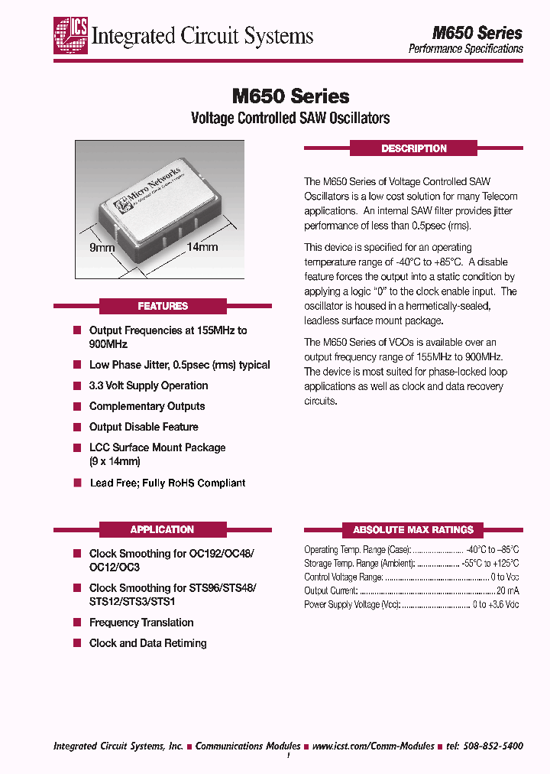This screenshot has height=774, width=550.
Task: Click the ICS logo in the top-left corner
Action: [x=70, y=35]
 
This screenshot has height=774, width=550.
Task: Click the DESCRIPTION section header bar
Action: [x=413, y=148]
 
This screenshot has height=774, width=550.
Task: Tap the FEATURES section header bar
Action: [x=163, y=306]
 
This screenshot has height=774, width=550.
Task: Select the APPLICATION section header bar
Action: [x=163, y=529]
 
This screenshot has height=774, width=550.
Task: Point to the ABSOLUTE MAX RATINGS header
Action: [x=413, y=529]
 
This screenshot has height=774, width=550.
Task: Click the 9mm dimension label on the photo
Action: [x=102, y=248]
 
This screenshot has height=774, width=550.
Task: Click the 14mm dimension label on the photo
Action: [x=202, y=247]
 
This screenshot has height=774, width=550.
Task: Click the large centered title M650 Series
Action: [x=290, y=96]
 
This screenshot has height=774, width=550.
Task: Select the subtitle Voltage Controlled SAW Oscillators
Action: [x=290, y=118]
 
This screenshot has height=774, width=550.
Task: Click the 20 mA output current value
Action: [x=507, y=590]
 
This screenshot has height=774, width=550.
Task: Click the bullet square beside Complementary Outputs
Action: [x=77, y=406]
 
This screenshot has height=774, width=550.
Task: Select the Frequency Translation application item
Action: [x=141, y=623]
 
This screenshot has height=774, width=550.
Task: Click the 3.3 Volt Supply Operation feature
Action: [x=148, y=385]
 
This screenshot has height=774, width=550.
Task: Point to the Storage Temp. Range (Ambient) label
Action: [x=359, y=563]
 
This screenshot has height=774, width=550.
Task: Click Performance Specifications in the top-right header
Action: [x=465, y=48]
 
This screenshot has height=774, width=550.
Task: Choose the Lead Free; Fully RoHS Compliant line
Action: [x=167, y=483]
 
